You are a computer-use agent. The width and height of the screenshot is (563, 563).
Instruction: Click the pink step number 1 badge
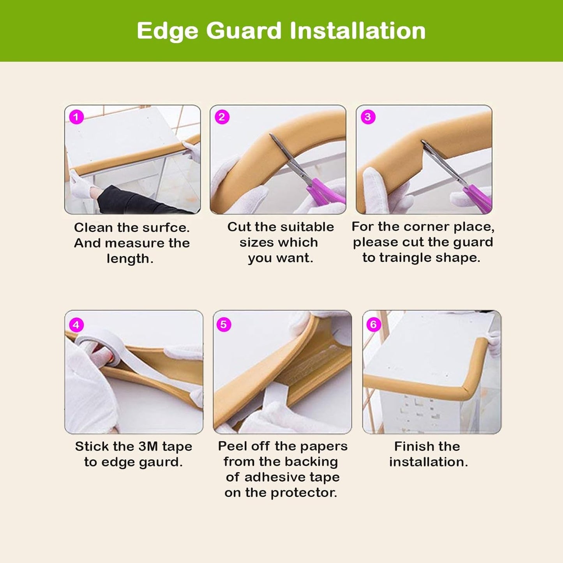click(x=76, y=117)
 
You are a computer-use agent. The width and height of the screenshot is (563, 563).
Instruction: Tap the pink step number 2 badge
click(x=222, y=117)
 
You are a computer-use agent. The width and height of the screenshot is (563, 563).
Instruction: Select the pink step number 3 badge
click(x=368, y=117)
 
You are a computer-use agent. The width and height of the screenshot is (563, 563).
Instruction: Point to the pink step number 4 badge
click(x=76, y=325)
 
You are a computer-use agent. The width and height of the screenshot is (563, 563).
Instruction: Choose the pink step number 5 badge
click(x=224, y=325)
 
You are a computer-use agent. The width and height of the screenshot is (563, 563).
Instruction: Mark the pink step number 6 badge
click(x=373, y=325)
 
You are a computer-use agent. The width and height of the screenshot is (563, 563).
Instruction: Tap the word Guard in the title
click(x=244, y=31)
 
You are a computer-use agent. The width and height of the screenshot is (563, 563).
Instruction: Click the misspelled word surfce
click(x=166, y=228)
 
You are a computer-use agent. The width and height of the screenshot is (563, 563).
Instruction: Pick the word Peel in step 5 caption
click(x=232, y=446)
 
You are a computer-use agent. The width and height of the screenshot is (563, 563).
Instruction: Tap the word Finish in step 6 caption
click(x=410, y=447)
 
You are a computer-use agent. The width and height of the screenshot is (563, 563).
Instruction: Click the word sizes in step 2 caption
click(x=258, y=242)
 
